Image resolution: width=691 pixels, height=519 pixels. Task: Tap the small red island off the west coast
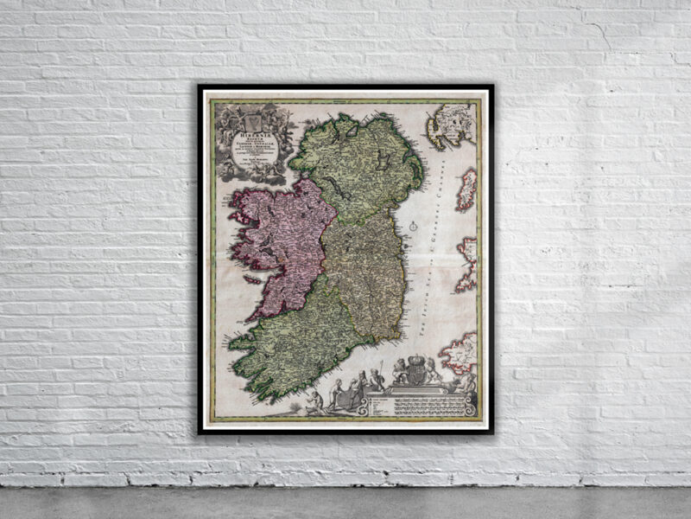(250, 280)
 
